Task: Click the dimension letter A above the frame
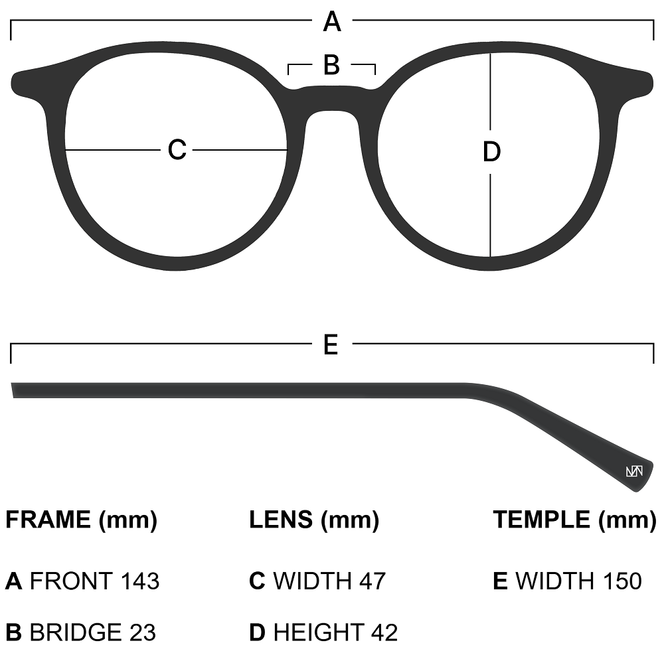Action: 332,23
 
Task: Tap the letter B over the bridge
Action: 331,65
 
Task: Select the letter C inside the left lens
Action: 177,150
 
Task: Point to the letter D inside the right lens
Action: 491,153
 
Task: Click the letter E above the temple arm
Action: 331,344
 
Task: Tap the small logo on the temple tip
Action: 634,472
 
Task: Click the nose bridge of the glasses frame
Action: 331,100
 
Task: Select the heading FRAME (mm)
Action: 81,520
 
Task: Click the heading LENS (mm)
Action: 314,520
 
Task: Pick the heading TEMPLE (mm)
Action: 574,520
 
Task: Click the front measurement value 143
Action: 140,581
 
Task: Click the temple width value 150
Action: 620,581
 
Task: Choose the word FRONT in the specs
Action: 71,581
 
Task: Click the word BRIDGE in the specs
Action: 75,632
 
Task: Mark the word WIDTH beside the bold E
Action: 554,581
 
